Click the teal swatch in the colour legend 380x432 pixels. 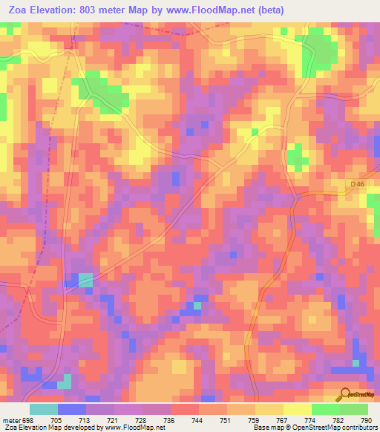click(x=43, y=410)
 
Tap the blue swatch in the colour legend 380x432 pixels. click(x=71, y=410)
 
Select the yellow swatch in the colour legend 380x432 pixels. click(x=298, y=410)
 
